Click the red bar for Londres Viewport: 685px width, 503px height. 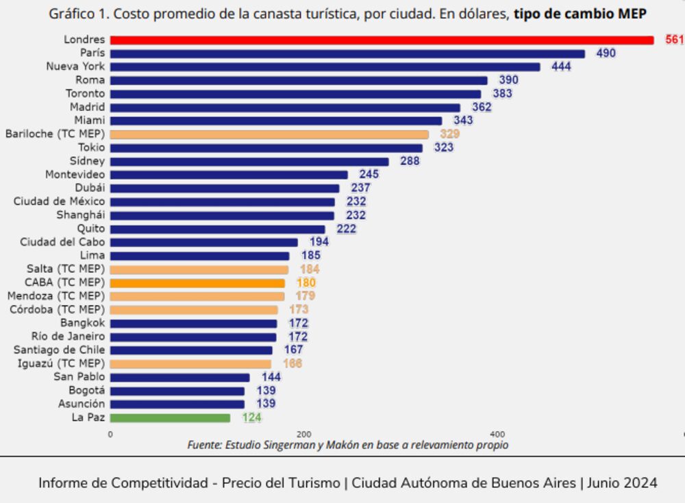pyautogui.click(x=382, y=40)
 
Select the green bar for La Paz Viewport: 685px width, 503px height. pyautogui.click(x=170, y=417)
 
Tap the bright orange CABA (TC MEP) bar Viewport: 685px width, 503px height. pyautogui.click(x=197, y=283)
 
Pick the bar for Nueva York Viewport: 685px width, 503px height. pyautogui.click(x=325, y=67)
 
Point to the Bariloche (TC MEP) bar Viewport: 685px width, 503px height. pyautogui.click(x=269, y=134)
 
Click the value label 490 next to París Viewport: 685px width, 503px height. pyautogui.click(x=606, y=53)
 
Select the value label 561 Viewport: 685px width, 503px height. pyautogui.click(x=674, y=40)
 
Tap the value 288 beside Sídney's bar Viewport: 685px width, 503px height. pyautogui.click(x=410, y=162)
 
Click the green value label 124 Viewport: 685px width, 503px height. pyautogui.click(x=251, y=417)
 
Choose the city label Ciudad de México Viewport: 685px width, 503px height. pyautogui.click(x=60, y=201)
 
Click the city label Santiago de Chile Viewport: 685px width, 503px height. pyautogui.click(x=60, y=350)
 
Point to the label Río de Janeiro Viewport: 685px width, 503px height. pyautogui.click(x=68, y=336)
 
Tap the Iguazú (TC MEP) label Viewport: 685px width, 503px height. pyautogui.click(x=61, y=363)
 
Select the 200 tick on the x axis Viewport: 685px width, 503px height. pyautogui.click(x=304, y=434)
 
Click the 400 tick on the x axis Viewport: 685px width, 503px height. pyautogui.click(x=497, y=434)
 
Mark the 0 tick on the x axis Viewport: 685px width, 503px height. pyautogui.click(x=111, y=434)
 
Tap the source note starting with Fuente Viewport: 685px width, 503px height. pyautogui.click(x=347, y=445)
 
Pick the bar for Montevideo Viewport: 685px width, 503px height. pyautogui.click(x=229, y=175)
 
